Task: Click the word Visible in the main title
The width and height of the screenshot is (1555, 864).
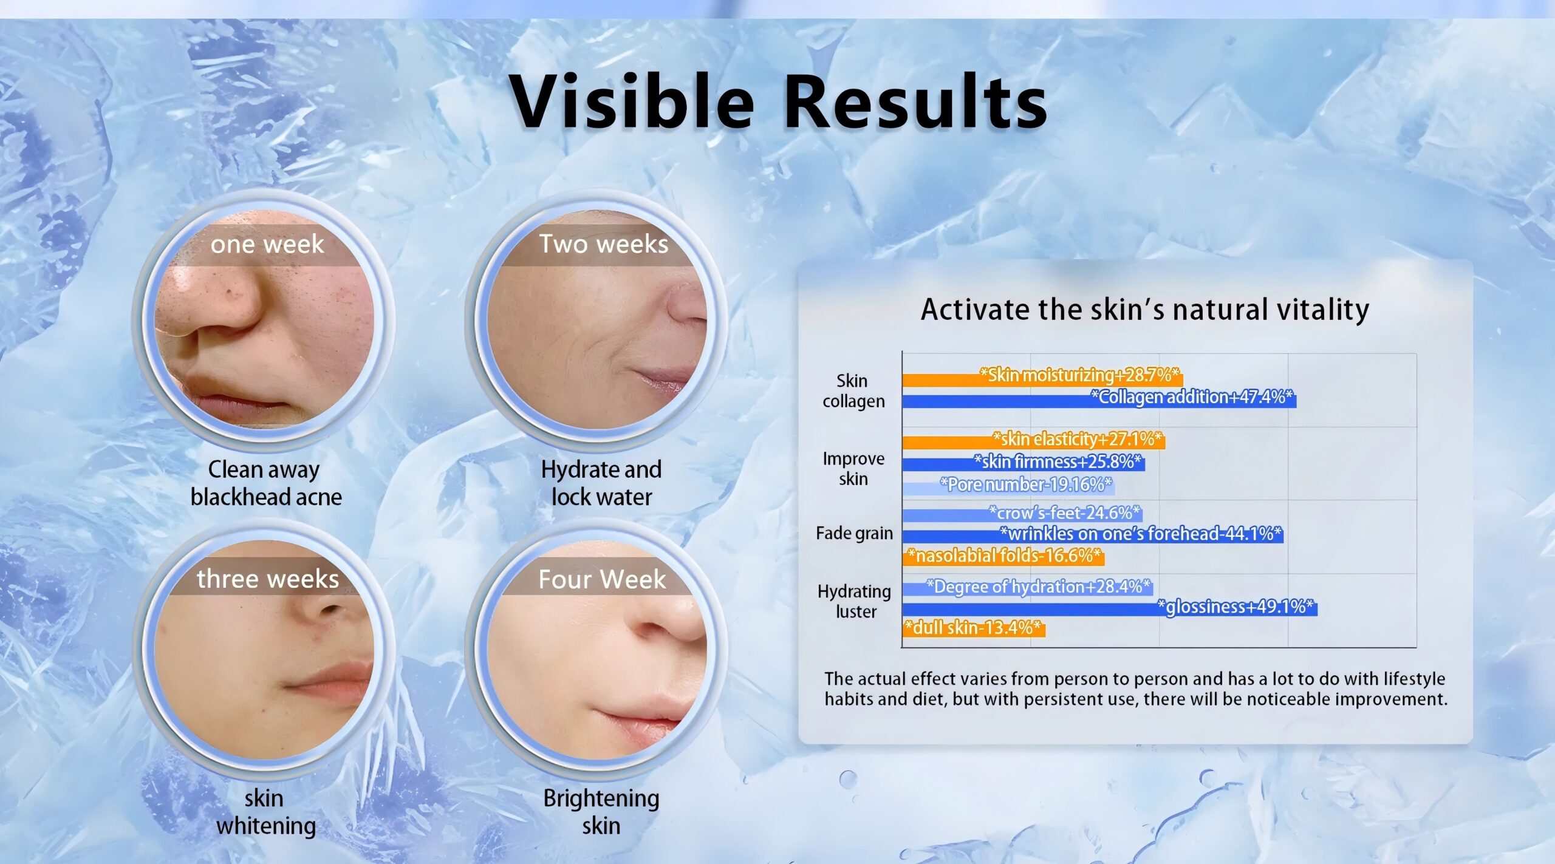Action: pyautogui.click(x=631, y=101)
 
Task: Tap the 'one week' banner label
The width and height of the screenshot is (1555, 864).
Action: pyautogui.click(x=267, y=244)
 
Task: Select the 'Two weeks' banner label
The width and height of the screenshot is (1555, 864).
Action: pyautogui.click(x=604, y=244)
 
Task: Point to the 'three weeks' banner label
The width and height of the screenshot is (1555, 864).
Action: pyautogui.click(x=268, y=579)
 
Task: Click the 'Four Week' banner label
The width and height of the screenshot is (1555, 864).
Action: pyautogui.click(x=602, y=579)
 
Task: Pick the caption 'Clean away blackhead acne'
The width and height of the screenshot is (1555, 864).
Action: pyautogui.click(x=266, y=483)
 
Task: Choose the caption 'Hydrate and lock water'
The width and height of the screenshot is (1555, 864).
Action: pyautogui.click(x=601, y=483)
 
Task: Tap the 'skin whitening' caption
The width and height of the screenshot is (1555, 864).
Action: pyautogui.click(x=265, y=812)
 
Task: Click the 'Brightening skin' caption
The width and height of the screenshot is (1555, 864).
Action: pyautogui.click(x=601, y=812)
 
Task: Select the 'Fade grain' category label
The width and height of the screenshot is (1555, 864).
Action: pyautogui.click(x=854, y=534)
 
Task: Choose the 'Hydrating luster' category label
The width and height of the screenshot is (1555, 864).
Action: pyautogui.click(x=854, y=601)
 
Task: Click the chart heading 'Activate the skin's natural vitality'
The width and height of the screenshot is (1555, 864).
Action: pyautogui.click(x=1145, y=310)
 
